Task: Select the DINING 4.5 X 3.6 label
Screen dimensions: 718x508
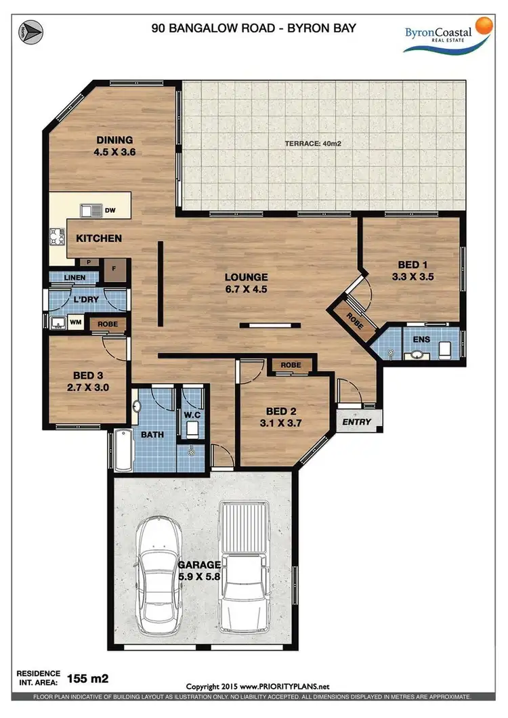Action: point(114,147)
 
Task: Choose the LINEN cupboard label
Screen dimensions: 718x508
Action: point(75,278)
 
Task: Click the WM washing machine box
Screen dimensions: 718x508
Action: point(75,323)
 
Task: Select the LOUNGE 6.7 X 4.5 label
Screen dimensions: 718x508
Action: point(247,283)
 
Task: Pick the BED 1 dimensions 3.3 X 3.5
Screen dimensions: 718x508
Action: point(412,276)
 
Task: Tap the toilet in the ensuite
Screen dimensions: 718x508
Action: point(445,350)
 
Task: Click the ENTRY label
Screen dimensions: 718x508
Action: point(358,421)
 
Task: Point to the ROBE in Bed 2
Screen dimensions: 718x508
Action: point(291,365)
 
